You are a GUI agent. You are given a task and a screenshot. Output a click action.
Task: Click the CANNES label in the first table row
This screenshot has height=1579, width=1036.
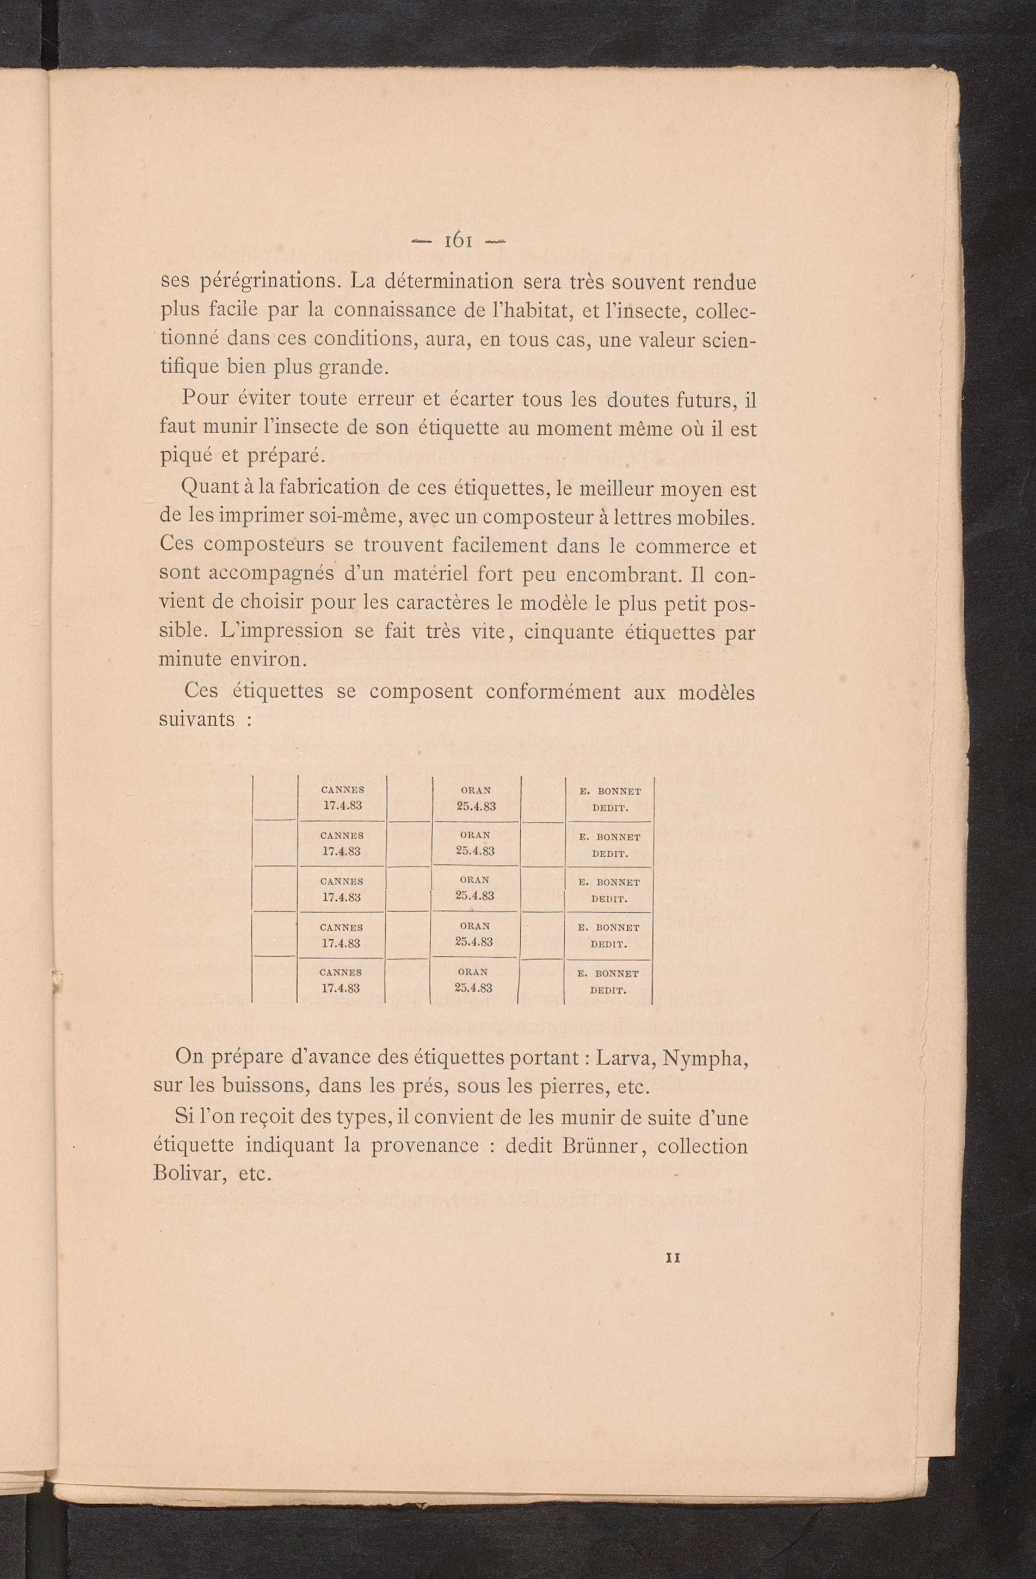(342, 790)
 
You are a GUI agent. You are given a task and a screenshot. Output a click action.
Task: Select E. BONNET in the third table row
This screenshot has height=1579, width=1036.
(608, 882)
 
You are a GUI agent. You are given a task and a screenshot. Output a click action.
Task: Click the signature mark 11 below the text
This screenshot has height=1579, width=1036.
(673, 1258)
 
